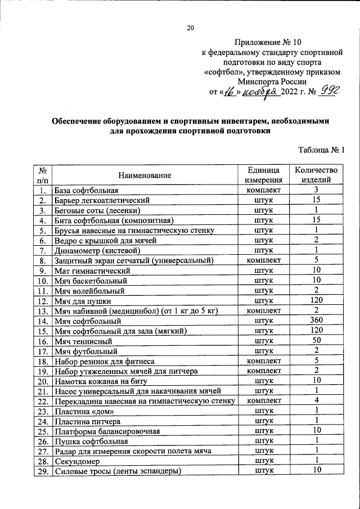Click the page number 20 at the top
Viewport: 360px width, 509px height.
coord(190,28)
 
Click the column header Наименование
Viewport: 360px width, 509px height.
coord(145,175)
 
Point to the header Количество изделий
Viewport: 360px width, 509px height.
coord(316,175)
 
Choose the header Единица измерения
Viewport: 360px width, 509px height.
coord(263,175)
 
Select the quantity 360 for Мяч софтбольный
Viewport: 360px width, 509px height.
coord(316,320)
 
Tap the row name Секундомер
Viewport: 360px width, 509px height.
coord(76,461)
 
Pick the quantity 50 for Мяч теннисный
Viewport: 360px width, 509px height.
coord(316,340)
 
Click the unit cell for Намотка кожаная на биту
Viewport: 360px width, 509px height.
coord(263,381)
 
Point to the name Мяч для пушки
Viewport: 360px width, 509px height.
coord(80,300)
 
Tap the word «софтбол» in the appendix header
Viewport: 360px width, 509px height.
coord(222,73)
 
